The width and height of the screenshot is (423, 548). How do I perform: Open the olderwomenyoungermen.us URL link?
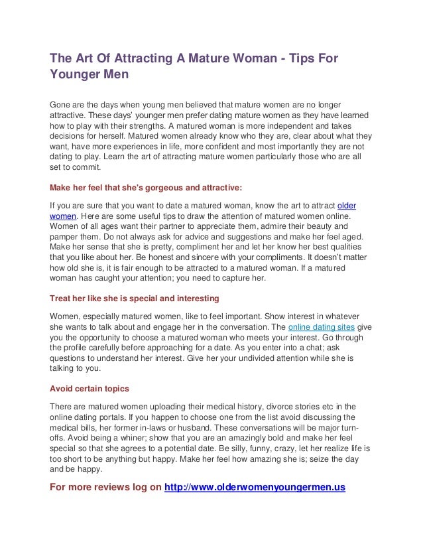click(255, 488)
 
